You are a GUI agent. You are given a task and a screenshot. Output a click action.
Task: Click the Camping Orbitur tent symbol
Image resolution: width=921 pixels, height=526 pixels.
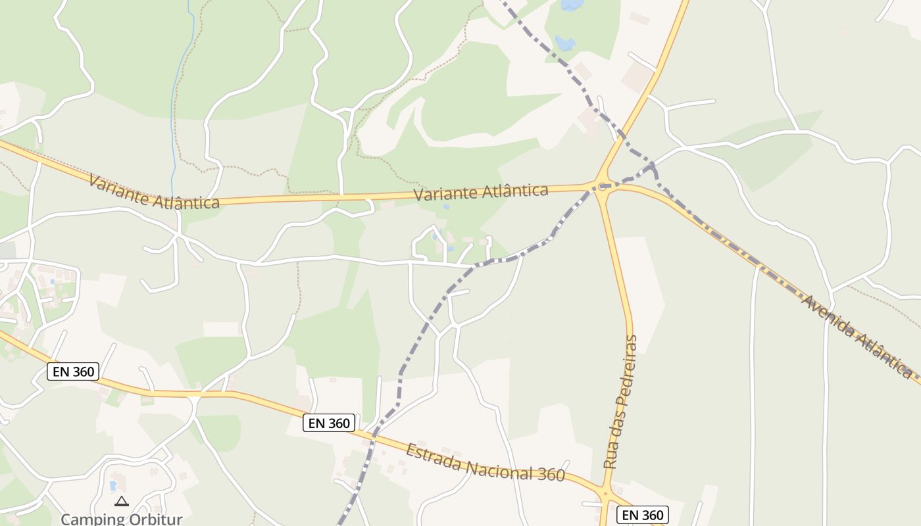[x=121, y=502]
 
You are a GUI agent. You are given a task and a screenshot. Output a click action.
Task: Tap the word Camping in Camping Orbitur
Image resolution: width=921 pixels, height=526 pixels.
[x=92, y=519]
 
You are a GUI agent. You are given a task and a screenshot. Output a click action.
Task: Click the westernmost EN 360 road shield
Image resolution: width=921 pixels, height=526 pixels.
[x=74, y=371]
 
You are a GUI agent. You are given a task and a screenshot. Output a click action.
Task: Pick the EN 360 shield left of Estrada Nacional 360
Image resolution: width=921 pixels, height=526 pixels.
[x=329, y=423]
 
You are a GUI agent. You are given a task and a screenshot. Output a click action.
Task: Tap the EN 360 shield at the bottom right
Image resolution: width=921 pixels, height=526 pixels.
[x=643, y=515]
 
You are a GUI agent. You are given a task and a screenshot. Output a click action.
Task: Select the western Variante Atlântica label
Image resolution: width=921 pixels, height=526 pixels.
[x=154, y=191]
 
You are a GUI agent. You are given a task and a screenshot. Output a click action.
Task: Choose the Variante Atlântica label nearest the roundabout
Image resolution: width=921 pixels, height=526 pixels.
[x=481, y=192]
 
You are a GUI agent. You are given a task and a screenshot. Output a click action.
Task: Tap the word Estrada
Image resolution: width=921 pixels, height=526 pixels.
[x=432, y=456]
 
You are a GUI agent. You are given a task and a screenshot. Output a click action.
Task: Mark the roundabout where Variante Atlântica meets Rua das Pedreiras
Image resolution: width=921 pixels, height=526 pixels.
[x=601, y=186]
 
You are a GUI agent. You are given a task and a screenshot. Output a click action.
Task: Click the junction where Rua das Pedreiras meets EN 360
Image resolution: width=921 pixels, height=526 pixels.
[x=605, y=493]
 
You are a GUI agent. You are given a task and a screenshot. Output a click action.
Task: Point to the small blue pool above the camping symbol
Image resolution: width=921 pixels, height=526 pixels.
[x=112, y=486]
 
